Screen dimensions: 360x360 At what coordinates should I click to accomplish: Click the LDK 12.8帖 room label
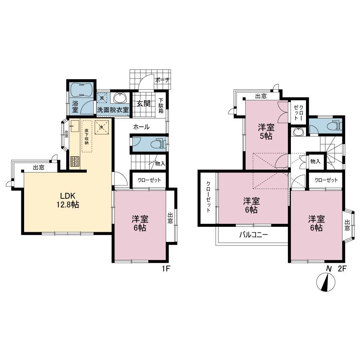coord(68,200)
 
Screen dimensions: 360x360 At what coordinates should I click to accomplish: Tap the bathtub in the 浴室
coord(81,90)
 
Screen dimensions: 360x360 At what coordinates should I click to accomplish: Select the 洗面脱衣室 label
coord(113,110)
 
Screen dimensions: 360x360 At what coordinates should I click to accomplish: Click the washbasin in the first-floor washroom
coord(120,98)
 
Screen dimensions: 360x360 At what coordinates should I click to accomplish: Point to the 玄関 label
coord(144,104)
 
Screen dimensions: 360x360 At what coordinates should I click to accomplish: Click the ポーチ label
coord(162,80)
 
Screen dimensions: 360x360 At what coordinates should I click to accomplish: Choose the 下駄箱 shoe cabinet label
coord(161,105)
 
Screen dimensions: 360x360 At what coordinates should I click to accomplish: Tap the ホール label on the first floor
coord(141,127)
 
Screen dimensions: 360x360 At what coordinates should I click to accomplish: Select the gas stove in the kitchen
coord(75,161)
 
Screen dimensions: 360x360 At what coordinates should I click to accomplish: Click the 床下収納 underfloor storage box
coord(87,136)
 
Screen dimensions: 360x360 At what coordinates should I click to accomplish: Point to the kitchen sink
coord(75,126)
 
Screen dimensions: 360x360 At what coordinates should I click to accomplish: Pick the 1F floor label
coord(166,269)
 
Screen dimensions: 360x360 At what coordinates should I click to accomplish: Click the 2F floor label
coord(342,269)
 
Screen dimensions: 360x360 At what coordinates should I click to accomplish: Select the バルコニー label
coord(253,235)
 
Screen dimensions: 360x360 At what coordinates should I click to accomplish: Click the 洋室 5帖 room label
coord(266,131)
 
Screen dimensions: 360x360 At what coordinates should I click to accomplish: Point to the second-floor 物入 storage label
coord(315,161)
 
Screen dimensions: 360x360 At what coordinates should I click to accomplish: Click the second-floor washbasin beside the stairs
coord(298,132)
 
